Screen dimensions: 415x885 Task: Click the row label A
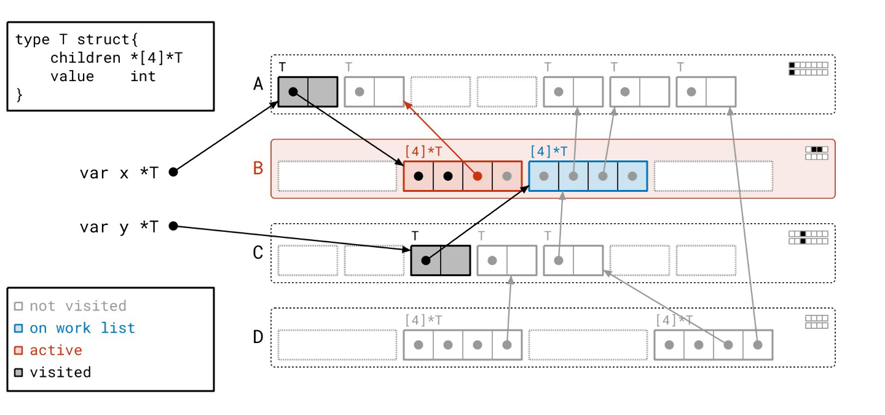tap(258, 84)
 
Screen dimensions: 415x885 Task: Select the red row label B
tap(258, 167)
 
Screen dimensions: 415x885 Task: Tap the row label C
tap(258, 253)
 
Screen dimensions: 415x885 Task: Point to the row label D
tap(258, 337)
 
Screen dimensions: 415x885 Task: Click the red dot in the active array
tap(478, 176)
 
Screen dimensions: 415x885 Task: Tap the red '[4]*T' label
tap(425, 150)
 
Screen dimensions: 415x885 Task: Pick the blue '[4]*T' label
tap(549, 150)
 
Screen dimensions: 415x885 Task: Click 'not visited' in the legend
tap(77, 306)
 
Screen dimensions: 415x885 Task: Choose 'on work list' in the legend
tap(82, 328)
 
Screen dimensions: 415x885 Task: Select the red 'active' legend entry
tap(56, 350)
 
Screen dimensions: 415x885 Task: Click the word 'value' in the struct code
tap(72, 76)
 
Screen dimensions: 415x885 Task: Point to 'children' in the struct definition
tap(85, 58)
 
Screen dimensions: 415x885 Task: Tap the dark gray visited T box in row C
tap(440, 260)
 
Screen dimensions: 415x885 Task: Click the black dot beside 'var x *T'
tap(173, 172)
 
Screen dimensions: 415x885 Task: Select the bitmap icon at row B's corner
tap(817, 153)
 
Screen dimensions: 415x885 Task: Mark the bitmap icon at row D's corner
tap(817, 322)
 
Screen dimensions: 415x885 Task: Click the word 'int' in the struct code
tap(143, 76)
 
